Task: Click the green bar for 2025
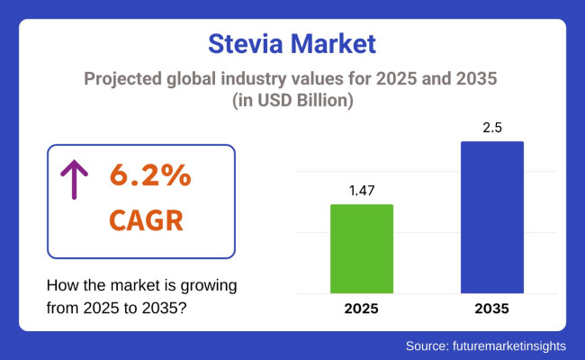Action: tap(361, 248)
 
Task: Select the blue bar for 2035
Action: tap(492, 217)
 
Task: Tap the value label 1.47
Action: tap(361, 191)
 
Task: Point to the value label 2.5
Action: tap(492, 127)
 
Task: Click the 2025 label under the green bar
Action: tap(361, 309)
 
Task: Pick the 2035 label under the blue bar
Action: tap(492, 309)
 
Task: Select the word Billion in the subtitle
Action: tap(332, 101)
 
